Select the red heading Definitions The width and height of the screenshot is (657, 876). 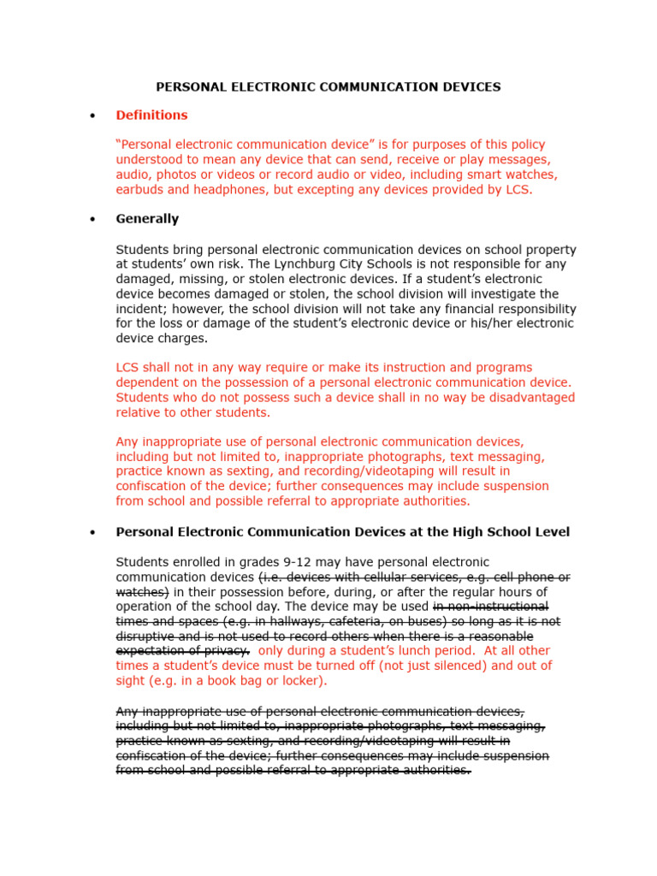coord(151,115)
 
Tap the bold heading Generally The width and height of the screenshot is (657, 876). coord(147,218)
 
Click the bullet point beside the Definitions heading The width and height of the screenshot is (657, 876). coord(92,115)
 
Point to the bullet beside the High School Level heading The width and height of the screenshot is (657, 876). coord(92,532)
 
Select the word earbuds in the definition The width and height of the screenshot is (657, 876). coord(140,189)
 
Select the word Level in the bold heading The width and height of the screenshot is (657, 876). coord(551,532)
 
